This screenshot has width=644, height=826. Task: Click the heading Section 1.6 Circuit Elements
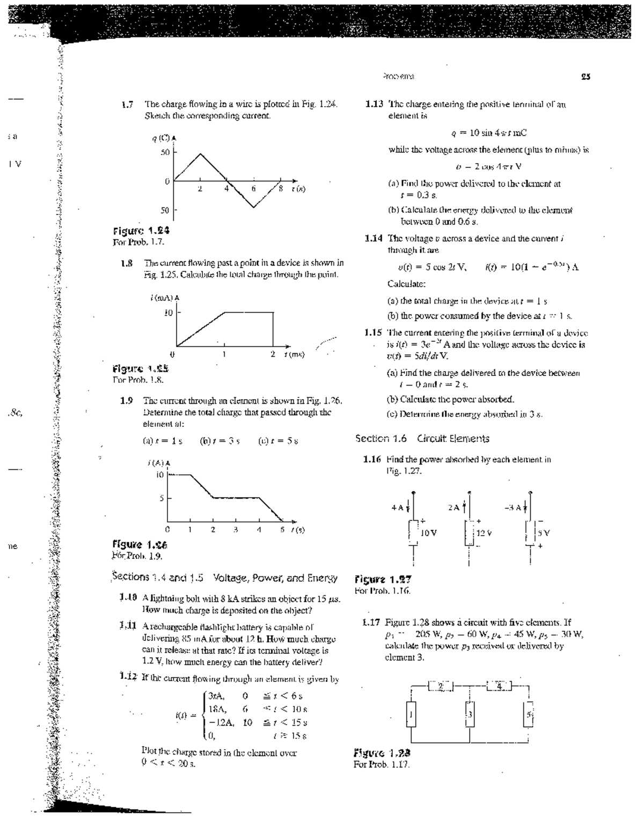(422, 439)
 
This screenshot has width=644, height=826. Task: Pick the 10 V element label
(429, 533)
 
